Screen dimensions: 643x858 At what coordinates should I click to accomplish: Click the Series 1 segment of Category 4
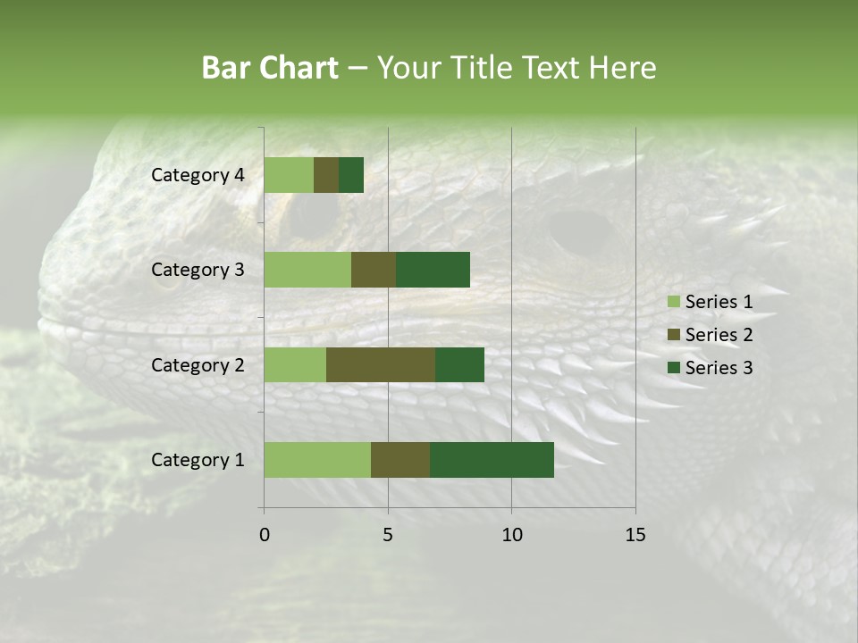(289, 175)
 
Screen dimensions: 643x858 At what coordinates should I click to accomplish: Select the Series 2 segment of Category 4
(326, 175)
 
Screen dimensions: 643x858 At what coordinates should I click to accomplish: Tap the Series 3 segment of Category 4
(351, 175)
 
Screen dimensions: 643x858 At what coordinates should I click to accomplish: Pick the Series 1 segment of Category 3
(307, 270)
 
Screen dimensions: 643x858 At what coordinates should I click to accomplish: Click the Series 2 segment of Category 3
(374, 270)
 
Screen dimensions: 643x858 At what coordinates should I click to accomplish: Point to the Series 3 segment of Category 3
(433, 270)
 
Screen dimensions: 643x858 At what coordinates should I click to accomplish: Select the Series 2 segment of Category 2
(381, 364)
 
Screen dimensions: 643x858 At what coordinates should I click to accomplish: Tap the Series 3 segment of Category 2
(459, 364)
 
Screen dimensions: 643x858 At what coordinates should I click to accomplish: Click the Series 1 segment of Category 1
(317, 460)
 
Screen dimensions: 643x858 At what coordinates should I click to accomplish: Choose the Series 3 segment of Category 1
(492, 460)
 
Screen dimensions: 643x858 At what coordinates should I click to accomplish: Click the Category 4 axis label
(198, 175)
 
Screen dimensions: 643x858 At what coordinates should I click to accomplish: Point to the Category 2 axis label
(198, 364)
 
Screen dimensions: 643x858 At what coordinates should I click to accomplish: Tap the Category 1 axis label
(198, 460)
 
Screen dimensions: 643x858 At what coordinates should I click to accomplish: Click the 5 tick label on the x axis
(388, 535)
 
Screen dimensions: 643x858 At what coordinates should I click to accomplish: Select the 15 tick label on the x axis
(635, 535)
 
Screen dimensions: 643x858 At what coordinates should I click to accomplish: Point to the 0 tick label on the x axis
(265, 535)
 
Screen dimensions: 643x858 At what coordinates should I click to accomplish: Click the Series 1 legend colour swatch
(673, 302)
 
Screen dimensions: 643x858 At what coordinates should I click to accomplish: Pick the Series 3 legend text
(719, 368)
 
